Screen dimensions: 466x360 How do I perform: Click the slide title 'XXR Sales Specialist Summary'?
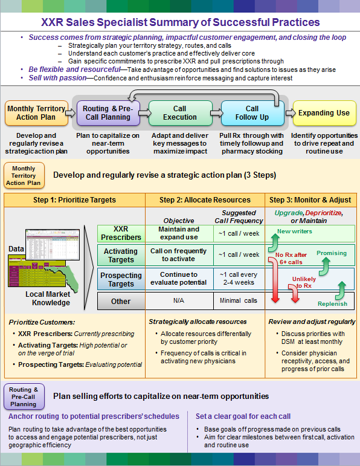180,23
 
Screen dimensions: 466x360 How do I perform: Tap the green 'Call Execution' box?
180,112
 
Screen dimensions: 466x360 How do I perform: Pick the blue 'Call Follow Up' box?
252,112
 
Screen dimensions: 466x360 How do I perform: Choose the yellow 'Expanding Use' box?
324,112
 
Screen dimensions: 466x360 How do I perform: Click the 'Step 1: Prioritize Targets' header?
75,199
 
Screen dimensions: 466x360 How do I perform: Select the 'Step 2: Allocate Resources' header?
205,199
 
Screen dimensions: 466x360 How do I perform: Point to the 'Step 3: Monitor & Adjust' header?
310,199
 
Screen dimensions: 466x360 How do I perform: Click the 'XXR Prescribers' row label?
121,233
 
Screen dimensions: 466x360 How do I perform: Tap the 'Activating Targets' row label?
121,255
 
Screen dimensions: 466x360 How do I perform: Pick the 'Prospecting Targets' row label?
121,279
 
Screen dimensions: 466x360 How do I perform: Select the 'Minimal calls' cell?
239,300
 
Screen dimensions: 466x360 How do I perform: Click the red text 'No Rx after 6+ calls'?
291,258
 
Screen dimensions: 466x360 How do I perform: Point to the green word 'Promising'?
332,253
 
